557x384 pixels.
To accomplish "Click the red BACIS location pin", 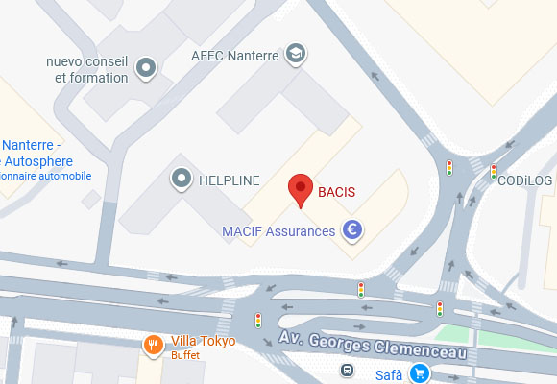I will (302, 189).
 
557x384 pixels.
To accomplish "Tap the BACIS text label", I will (336, 192).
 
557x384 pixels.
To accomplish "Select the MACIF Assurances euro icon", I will (352, 230).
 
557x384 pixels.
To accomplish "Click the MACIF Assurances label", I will (278, 231).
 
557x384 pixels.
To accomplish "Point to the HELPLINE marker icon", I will (180, 178).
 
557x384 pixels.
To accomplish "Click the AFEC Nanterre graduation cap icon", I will (296, 55).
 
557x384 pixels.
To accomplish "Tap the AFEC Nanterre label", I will (234, 56).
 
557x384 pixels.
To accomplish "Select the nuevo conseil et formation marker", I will (145, 68).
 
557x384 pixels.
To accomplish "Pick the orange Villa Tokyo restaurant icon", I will (153, 344).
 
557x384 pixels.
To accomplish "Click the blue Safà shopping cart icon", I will (418, 373).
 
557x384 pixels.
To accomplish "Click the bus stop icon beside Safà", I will (347, 371).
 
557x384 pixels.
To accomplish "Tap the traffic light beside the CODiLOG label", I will (494, 173).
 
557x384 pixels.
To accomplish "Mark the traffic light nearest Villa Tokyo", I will (258, 320).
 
